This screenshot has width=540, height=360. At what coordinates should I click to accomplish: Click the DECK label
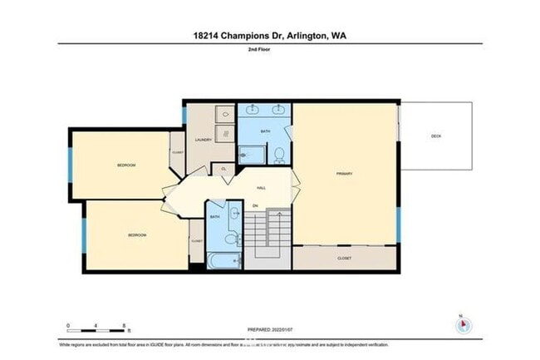(435, 136)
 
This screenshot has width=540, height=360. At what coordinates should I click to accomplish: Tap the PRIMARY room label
(345, 174)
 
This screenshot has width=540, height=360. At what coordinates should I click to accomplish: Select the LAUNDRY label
(203, 140)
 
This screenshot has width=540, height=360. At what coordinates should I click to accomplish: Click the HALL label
(261, 188)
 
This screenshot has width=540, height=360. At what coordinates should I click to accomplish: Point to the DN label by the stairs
(256, 205)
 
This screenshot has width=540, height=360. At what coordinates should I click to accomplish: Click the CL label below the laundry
(223, 169)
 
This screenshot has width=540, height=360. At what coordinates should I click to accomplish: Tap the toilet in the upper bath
(280, 154)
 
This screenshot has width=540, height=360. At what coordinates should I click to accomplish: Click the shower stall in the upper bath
(250, 153)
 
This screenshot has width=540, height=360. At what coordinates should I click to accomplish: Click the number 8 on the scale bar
(125, 325)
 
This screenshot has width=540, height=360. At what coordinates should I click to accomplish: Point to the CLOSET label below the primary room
(345, 259)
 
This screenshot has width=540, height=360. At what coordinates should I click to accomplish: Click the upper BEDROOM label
(125, 165)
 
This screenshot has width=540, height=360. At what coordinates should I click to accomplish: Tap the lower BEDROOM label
(137, 235)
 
